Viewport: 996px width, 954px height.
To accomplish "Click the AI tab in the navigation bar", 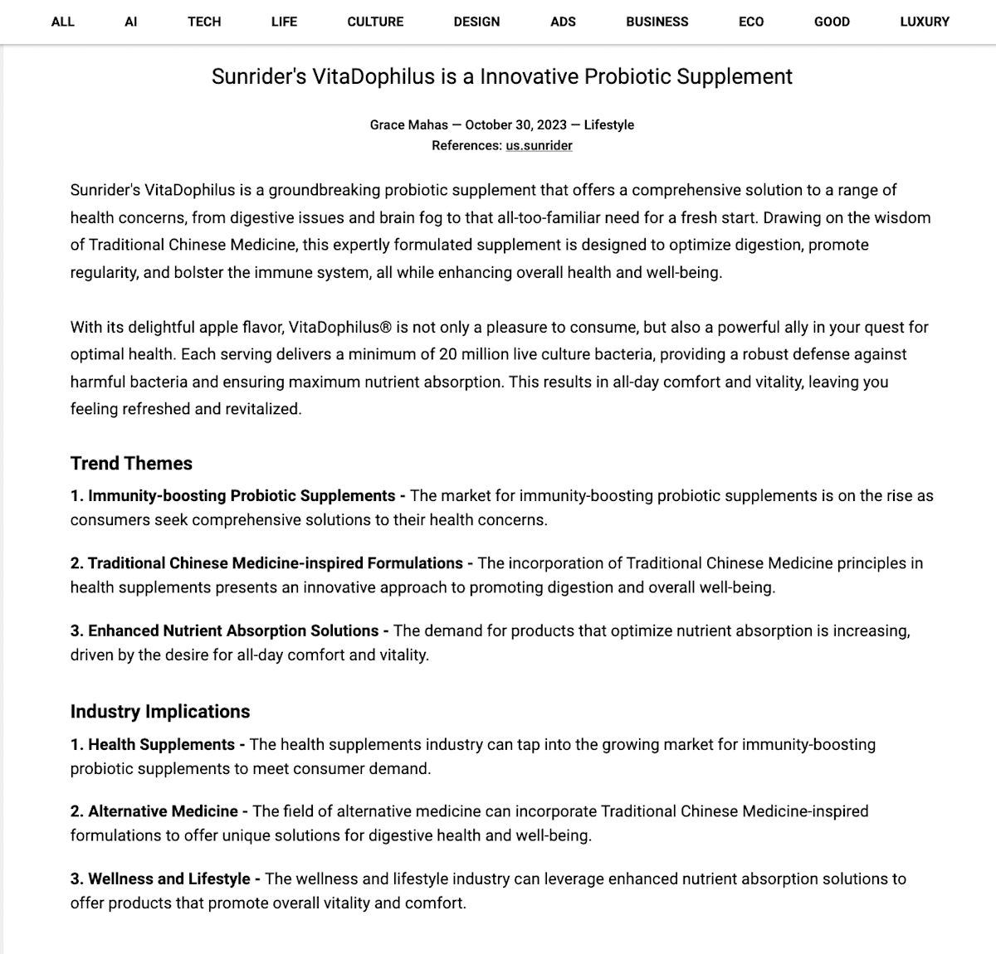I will click(x=130, y=22).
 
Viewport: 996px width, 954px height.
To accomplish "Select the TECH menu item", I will click(x=204, y=22).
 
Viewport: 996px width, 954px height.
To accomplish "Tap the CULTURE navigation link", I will click(x=375, y=22).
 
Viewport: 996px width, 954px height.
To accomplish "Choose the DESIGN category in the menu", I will click(x=476, y=22).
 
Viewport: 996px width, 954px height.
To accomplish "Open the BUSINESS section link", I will click(x=657, y=22).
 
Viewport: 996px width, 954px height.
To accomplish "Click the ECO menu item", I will click(x=751, y=22).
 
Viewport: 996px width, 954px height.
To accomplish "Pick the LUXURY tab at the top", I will click(x=924, y=22).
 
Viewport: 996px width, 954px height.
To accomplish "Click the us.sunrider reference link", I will click(x=539, y=145).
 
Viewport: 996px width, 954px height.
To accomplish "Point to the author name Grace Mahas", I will click(x=408, y=124).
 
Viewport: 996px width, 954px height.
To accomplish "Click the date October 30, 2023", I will click(x=515, y=124).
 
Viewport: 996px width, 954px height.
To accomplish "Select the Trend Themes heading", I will click(x=131, y=464).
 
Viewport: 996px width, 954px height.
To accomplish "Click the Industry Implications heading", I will click(x=160, y=712).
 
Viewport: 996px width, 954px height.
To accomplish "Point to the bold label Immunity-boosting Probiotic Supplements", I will click(x=242, y=496).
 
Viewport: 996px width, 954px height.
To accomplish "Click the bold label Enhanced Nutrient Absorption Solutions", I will click(x=233, y=630).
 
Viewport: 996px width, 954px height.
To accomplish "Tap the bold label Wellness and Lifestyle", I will click(x=169, y=879).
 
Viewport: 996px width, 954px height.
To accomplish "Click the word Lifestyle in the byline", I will click(x=608, y=124).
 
